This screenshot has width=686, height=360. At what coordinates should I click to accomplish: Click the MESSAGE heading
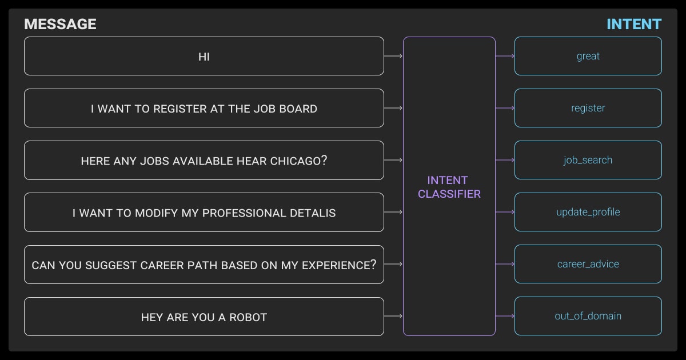[x=60, y=24]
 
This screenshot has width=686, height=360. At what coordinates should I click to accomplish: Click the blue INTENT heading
[x=633, y=24]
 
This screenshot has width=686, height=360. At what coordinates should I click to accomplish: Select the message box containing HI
[x=204, y=56]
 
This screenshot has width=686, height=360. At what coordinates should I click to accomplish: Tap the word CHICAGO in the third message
[x=296, y=161]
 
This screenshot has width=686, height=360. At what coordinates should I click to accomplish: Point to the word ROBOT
[x=248, y=317]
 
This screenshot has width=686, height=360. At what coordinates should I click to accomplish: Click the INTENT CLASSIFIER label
[x=449, y=187]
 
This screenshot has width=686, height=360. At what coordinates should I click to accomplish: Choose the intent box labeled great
[x=588, y=56]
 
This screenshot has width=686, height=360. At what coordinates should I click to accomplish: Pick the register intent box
[x=588, y=108]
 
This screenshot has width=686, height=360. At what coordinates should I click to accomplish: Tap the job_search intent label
[x=588, y=160]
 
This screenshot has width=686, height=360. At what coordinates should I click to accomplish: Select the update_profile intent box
[x=588, y=212]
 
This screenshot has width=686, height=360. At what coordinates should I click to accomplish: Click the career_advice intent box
[x=588, y=264]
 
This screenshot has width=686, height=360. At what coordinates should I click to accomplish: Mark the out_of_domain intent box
[x=588, y=316]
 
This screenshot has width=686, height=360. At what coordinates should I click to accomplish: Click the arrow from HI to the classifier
[x=393, y=56]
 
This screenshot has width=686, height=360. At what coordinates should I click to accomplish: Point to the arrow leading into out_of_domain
[x=505, y=316]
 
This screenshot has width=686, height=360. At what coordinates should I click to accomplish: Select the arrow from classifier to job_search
[x=505, y=160]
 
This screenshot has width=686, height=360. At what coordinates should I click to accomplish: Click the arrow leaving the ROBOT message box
[x=393, y=316]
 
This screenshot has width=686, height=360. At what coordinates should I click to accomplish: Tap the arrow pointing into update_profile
[x=505, y=212]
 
